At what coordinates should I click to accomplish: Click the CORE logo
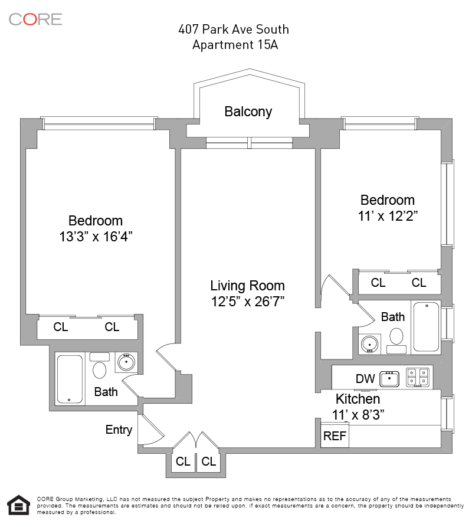pos(35,19)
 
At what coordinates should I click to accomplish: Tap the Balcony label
pos(248,112)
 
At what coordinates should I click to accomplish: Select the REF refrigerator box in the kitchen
pos(335,437)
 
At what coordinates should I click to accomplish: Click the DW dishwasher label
pos(365,378)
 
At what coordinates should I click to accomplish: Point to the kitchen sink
pos(389,378)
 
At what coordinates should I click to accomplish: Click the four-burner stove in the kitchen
pos(419,378)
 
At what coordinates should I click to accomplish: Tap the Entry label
pos(119,430)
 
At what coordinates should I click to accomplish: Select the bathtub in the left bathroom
pos(70,379)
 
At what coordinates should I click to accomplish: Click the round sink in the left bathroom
pos(125,362)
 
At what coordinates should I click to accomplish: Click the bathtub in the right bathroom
pos(425,327)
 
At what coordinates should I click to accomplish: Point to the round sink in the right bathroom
pos(370,343)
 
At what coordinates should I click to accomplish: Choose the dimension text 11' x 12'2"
pos(388,216)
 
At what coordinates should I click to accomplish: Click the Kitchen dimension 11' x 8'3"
pos(358,415)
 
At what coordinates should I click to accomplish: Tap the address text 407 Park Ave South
pos(234,29)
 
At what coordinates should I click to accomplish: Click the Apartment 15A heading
pos(235,44)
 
